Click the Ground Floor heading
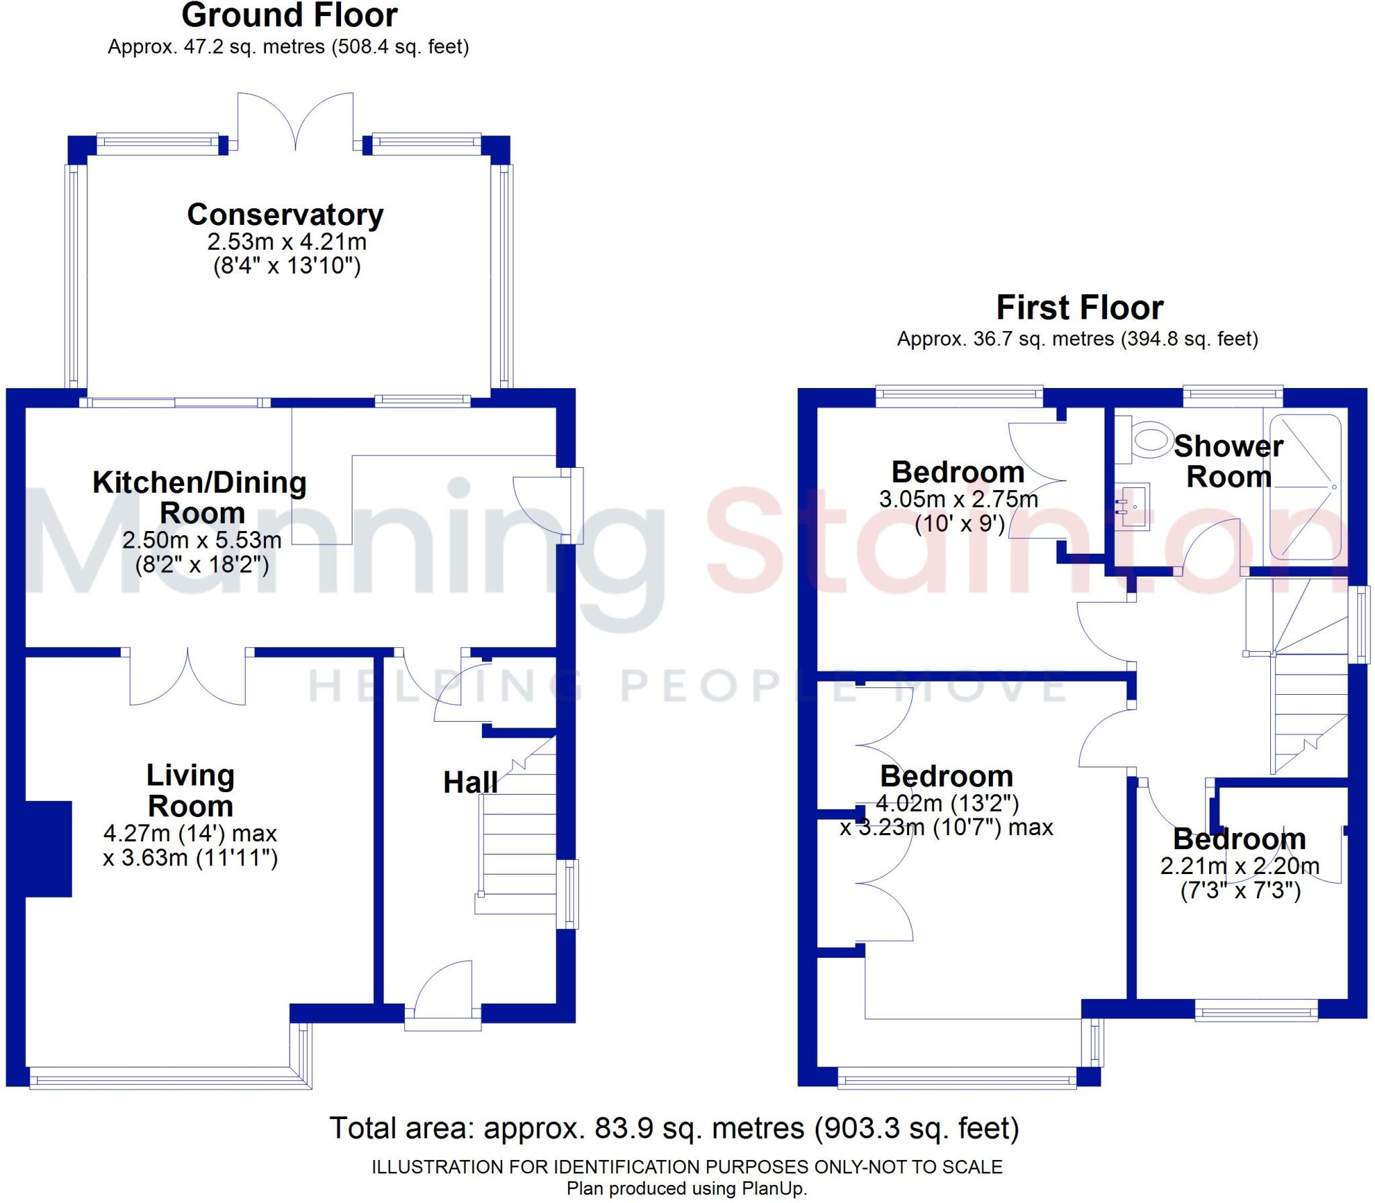pos(289,15)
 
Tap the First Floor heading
pos(1080,308)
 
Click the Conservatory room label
pos(285,215)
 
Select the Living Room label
pos(191,791)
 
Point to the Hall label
pos(471,783)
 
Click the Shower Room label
pos(1229,462)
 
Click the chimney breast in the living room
pos(48,849)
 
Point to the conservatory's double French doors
pos(296,121)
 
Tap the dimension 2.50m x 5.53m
pos(202,540)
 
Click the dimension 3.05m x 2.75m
pos(959,499)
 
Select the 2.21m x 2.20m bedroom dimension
pos(1240,866)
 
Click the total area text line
pos(674,1128)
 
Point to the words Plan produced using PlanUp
pos(687,1189)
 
